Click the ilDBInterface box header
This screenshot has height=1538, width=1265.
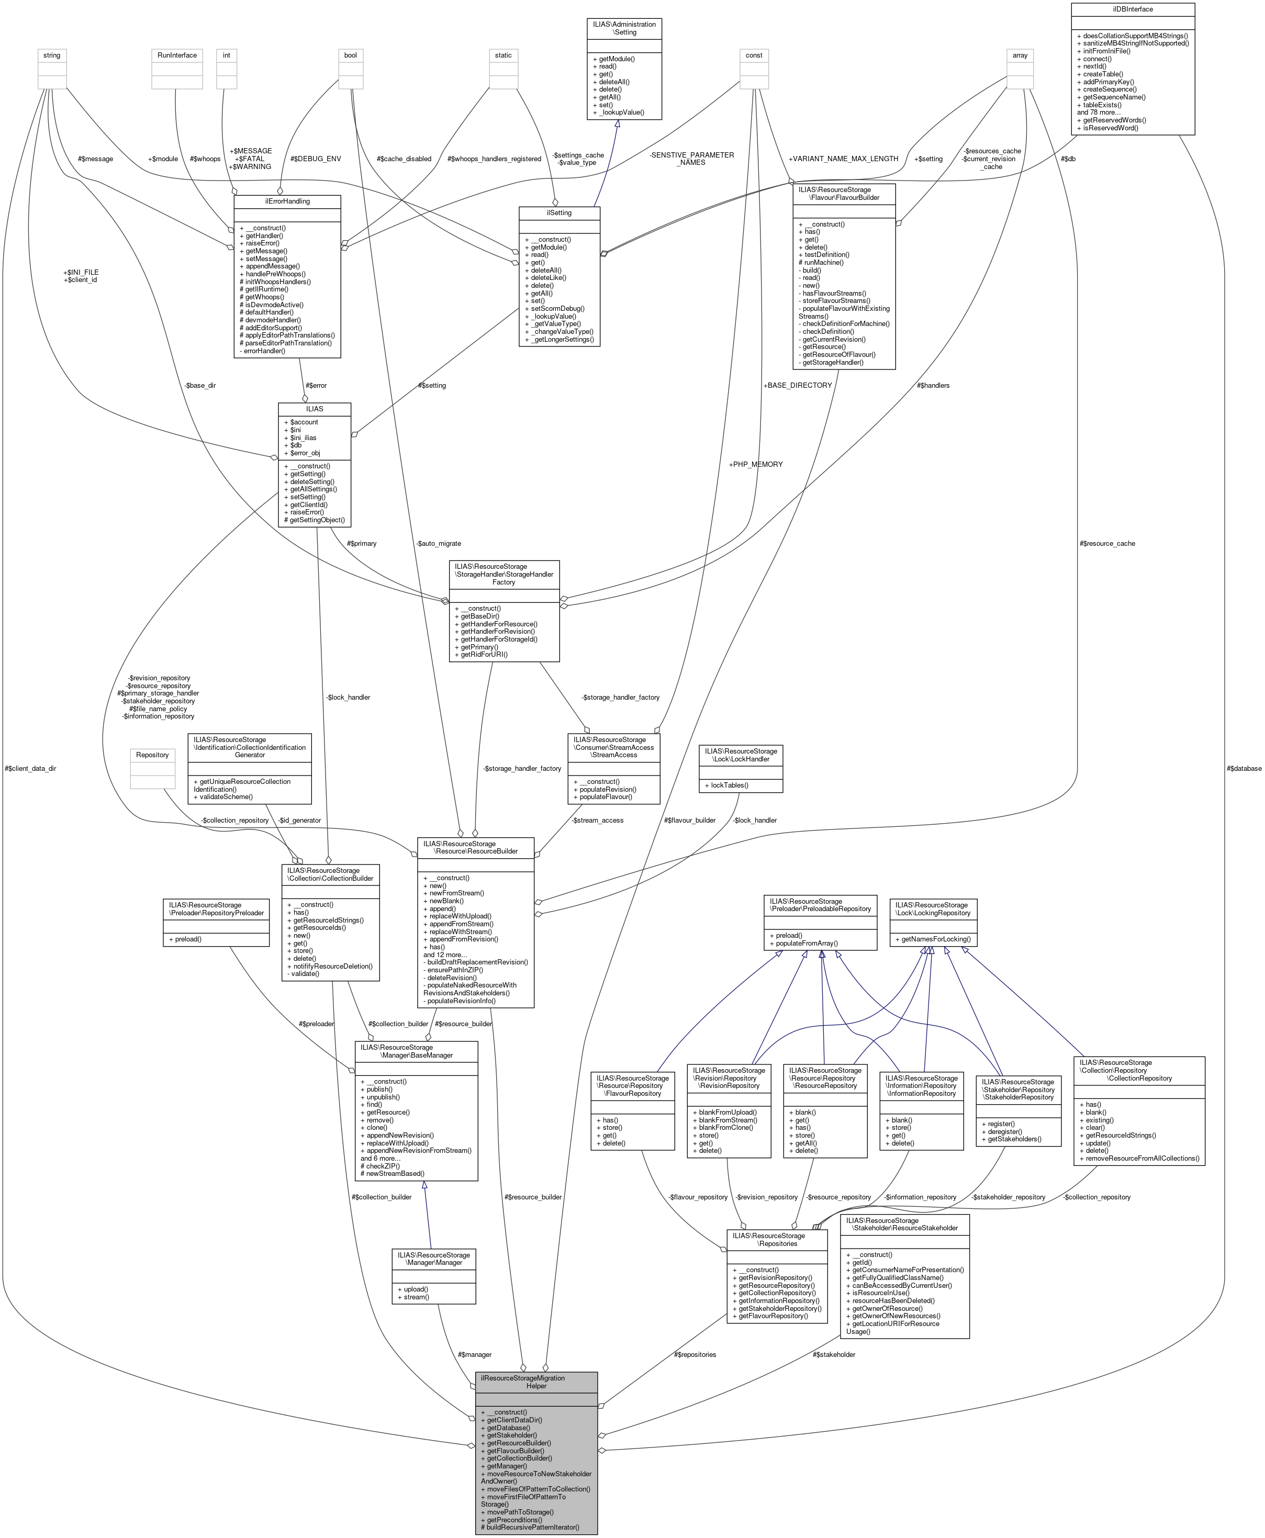(x=1133, y=9)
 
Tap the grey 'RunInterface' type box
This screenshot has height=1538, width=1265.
(x=177, y=55)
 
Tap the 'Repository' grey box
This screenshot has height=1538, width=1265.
(x=152, y=755)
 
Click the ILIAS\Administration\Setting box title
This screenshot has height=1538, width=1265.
(x=624, y=28)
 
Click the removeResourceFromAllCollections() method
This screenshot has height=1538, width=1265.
(x=1139, y=1158)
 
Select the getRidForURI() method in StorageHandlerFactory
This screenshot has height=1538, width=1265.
(x=484, y=654)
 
